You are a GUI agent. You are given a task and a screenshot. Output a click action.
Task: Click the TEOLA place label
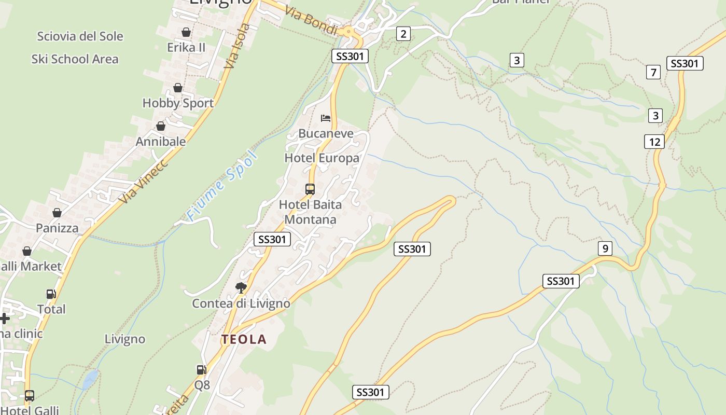pos(244,339)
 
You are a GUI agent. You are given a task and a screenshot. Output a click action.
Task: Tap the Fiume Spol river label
pos(222,186)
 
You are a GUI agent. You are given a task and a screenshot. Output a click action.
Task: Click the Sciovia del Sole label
pos(80,36)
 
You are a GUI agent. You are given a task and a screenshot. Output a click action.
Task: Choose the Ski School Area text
pos(75,59)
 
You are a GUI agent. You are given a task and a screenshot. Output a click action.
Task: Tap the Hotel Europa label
pos(322,158)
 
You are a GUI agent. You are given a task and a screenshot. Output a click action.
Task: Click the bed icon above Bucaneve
pos(326,118)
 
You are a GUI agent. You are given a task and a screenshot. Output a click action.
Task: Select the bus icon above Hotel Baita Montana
pos(310,189)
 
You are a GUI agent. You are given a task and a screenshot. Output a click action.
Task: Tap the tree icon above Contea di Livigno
pos(241,287)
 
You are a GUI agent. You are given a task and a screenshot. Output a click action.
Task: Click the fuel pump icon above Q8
pos(201,370)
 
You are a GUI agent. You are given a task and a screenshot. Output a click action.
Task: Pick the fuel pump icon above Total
pos(51,294)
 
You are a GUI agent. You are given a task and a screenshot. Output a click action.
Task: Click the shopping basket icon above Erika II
pos(186,32)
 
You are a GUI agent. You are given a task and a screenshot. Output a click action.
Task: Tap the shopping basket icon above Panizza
pos(57,213)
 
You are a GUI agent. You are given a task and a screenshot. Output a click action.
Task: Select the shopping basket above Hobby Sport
pos(178,88)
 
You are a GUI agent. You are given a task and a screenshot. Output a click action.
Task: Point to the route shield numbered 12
pos(654,142)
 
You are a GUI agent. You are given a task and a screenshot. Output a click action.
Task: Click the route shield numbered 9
pos(605,248)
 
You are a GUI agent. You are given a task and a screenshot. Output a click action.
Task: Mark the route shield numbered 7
pos(653,72)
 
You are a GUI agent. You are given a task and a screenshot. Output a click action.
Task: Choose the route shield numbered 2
pos(403,34)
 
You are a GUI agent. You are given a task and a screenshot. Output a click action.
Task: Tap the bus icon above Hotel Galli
pos(30,396)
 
